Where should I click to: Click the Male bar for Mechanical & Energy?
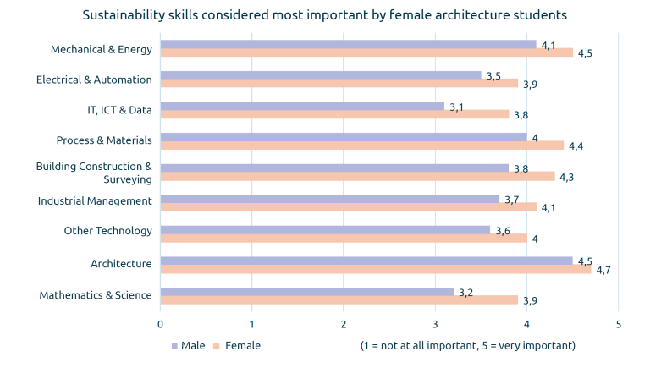point(347,44)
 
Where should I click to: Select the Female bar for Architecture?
point(375,270)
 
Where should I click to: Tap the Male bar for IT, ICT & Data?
point(301,106)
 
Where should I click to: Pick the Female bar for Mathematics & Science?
point(339,300)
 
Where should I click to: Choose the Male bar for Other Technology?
point(324,230)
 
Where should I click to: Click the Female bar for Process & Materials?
point(361,146)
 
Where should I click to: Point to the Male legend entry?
point(188,346)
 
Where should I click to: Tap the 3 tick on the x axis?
point(435,324)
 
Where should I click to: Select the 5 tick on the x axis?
point(619,324)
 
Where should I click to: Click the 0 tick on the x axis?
point(160,324)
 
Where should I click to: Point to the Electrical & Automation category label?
point(94,80)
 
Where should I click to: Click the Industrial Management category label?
point(95,200)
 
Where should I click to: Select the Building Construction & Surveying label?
point(94,172)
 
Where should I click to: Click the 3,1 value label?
point(457,107)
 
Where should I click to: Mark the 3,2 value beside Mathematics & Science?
point(466,292)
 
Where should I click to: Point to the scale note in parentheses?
point(467,346)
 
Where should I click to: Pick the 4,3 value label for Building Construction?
point(567,178)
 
